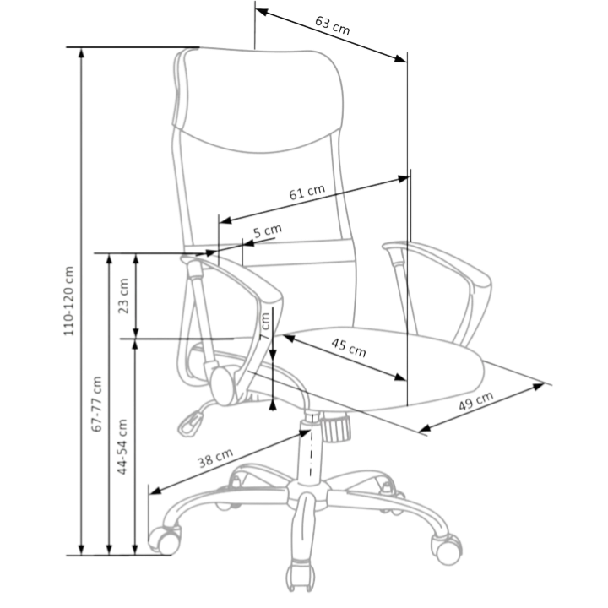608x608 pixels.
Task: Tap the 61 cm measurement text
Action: (x=307, y=193)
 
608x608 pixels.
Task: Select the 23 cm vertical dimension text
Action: (x=124, y=295)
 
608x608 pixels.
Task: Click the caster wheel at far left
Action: (x=163, y=537)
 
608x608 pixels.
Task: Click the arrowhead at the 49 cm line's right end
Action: (x=540, y=385)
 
